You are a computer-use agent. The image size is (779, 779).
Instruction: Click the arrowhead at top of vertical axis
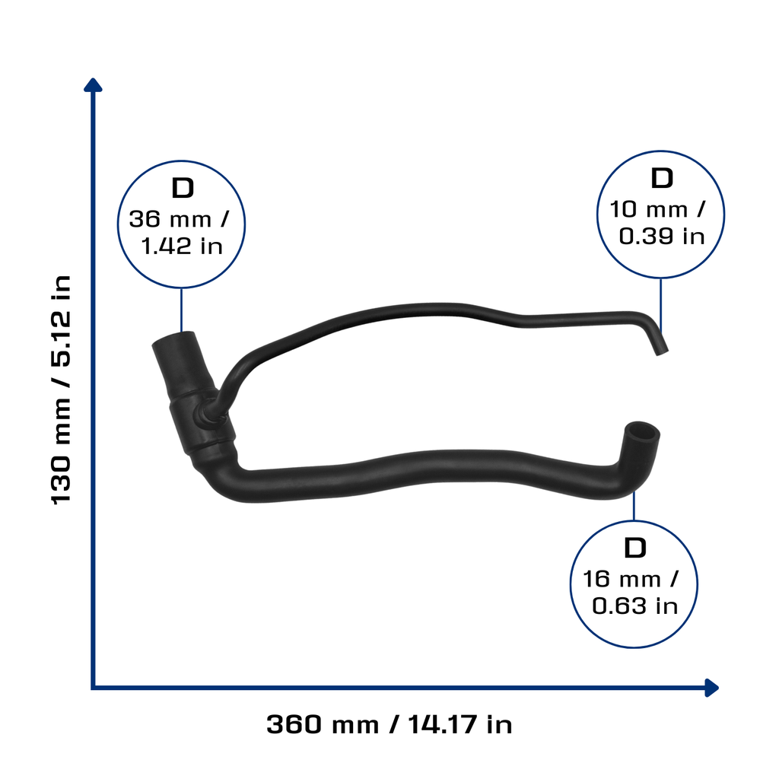(93, 85)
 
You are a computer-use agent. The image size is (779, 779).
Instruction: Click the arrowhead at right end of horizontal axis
(712, 688)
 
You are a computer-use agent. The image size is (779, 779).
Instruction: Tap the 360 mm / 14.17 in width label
(389, 724)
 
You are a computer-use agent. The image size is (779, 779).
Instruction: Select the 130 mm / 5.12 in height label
(61, 390)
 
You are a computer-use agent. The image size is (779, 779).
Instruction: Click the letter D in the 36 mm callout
(183, 189)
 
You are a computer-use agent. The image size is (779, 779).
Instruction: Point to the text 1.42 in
(182, 246)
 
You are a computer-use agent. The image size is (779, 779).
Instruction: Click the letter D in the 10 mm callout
(662, 178)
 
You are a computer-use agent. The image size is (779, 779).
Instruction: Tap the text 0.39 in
(662, 237)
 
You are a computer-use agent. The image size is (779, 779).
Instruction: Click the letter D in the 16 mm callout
(635, 548)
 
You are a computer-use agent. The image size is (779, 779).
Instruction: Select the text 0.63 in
(635, 606)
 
